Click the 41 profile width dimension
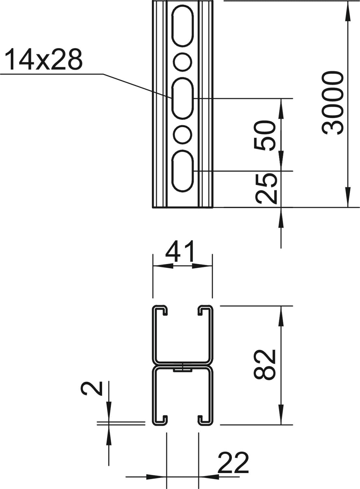pyautogui.click(x=180, y=251)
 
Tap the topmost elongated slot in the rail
pyautogui.click(x=183, y=27)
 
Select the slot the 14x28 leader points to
pyautogui.click(x=183, y=98)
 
